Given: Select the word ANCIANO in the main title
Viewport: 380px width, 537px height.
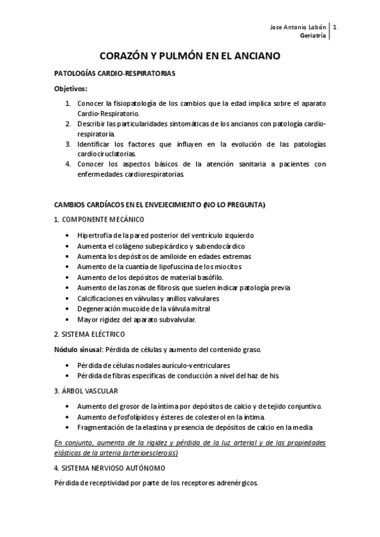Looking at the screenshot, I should tap(254, 56).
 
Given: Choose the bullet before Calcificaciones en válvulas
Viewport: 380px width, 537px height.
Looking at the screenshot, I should tap(68, 298).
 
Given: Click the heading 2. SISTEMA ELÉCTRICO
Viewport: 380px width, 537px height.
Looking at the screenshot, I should tap(89, 334).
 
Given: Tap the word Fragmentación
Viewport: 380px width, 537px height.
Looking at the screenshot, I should tap(101, 427).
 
